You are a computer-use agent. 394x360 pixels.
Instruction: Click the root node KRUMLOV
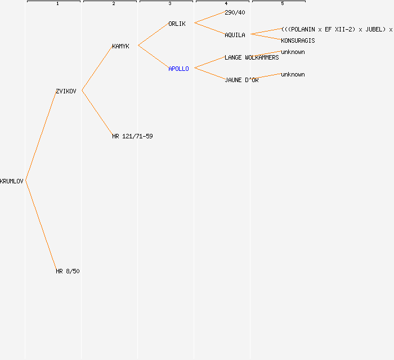pos(12,181)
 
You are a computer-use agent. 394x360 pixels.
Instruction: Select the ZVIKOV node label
pos(66,91)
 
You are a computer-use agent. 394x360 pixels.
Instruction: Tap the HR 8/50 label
pos(68,271)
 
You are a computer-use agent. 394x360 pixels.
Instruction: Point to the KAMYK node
pos(121,46)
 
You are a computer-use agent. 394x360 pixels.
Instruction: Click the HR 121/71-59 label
pos(132,136)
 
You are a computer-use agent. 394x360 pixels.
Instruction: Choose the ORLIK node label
pos(177,24)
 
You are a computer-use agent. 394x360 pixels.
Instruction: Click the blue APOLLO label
pos(178,69)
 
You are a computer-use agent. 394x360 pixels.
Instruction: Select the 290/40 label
pos(235,12)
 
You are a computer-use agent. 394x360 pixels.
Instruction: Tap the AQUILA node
pos(235,35)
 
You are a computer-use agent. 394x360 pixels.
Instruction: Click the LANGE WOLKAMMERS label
pos(252,57)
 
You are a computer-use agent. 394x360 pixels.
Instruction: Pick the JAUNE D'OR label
pos(241,80)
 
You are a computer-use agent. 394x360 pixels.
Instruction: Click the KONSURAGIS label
pos(298,40)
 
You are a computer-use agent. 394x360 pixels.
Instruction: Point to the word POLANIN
pos(303,29)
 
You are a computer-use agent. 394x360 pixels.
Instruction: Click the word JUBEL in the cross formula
pos(374,29)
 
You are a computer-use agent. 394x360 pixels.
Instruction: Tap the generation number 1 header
pos(57,3)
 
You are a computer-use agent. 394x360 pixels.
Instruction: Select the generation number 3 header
pos(170,3)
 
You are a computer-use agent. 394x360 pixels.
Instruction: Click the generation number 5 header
pos(283,3)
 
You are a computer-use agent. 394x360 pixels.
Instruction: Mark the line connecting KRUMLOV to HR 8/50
pos(41,226)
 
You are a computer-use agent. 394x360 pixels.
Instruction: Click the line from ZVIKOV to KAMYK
pos(97,68)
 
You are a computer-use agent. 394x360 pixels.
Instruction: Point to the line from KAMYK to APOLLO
pos(154,57)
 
